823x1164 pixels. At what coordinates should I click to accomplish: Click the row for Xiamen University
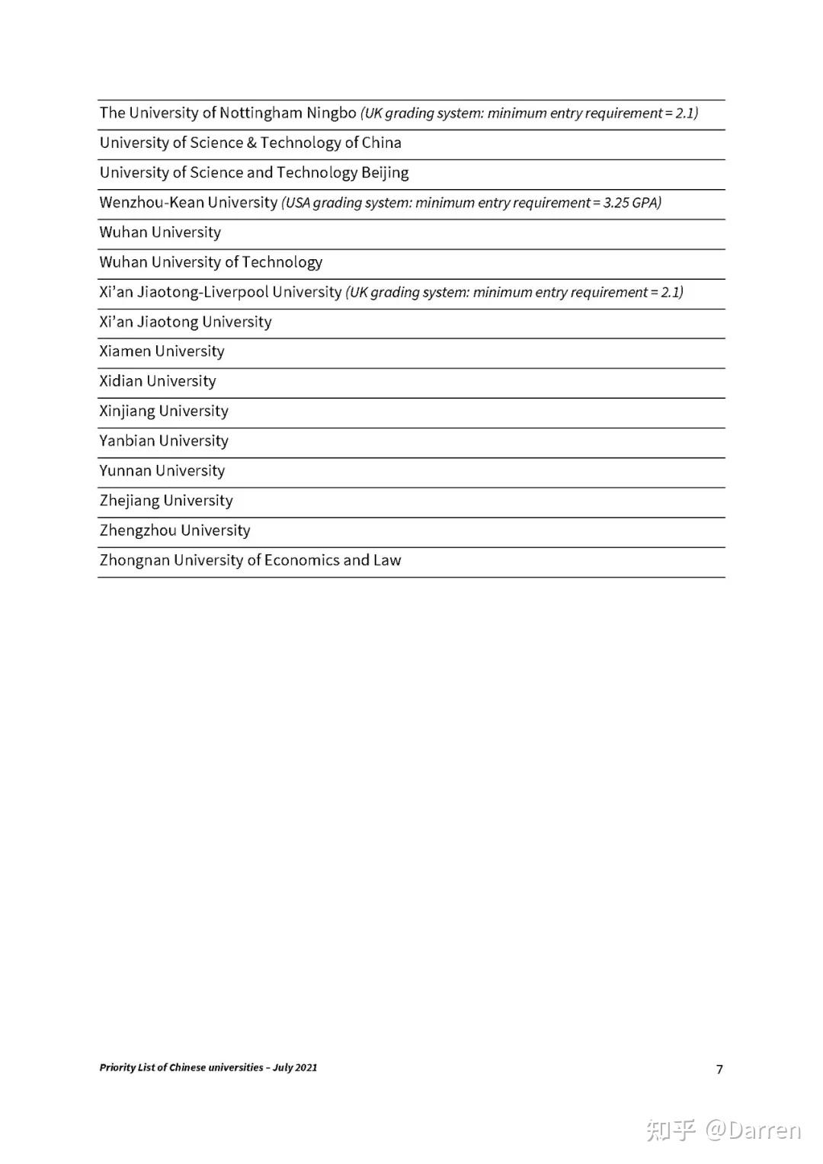162,351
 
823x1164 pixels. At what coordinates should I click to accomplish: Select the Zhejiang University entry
166,501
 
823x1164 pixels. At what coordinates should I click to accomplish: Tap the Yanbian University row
164,441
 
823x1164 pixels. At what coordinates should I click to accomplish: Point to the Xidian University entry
158,381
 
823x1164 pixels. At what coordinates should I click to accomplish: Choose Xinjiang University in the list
164,412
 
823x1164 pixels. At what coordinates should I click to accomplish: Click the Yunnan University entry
162,471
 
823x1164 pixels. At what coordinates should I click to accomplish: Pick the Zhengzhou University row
175,531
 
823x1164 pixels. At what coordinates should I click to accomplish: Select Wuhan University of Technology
211,262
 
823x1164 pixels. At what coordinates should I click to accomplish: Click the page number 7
719,1069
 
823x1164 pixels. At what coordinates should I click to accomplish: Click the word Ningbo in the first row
331,113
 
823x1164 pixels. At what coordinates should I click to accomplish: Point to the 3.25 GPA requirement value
631,203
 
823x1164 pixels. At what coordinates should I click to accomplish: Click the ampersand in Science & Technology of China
251,143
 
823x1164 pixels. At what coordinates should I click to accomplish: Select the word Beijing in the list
385,173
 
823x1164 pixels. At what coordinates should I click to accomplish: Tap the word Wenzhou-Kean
152,203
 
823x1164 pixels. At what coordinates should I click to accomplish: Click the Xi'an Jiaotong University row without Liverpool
185,322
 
